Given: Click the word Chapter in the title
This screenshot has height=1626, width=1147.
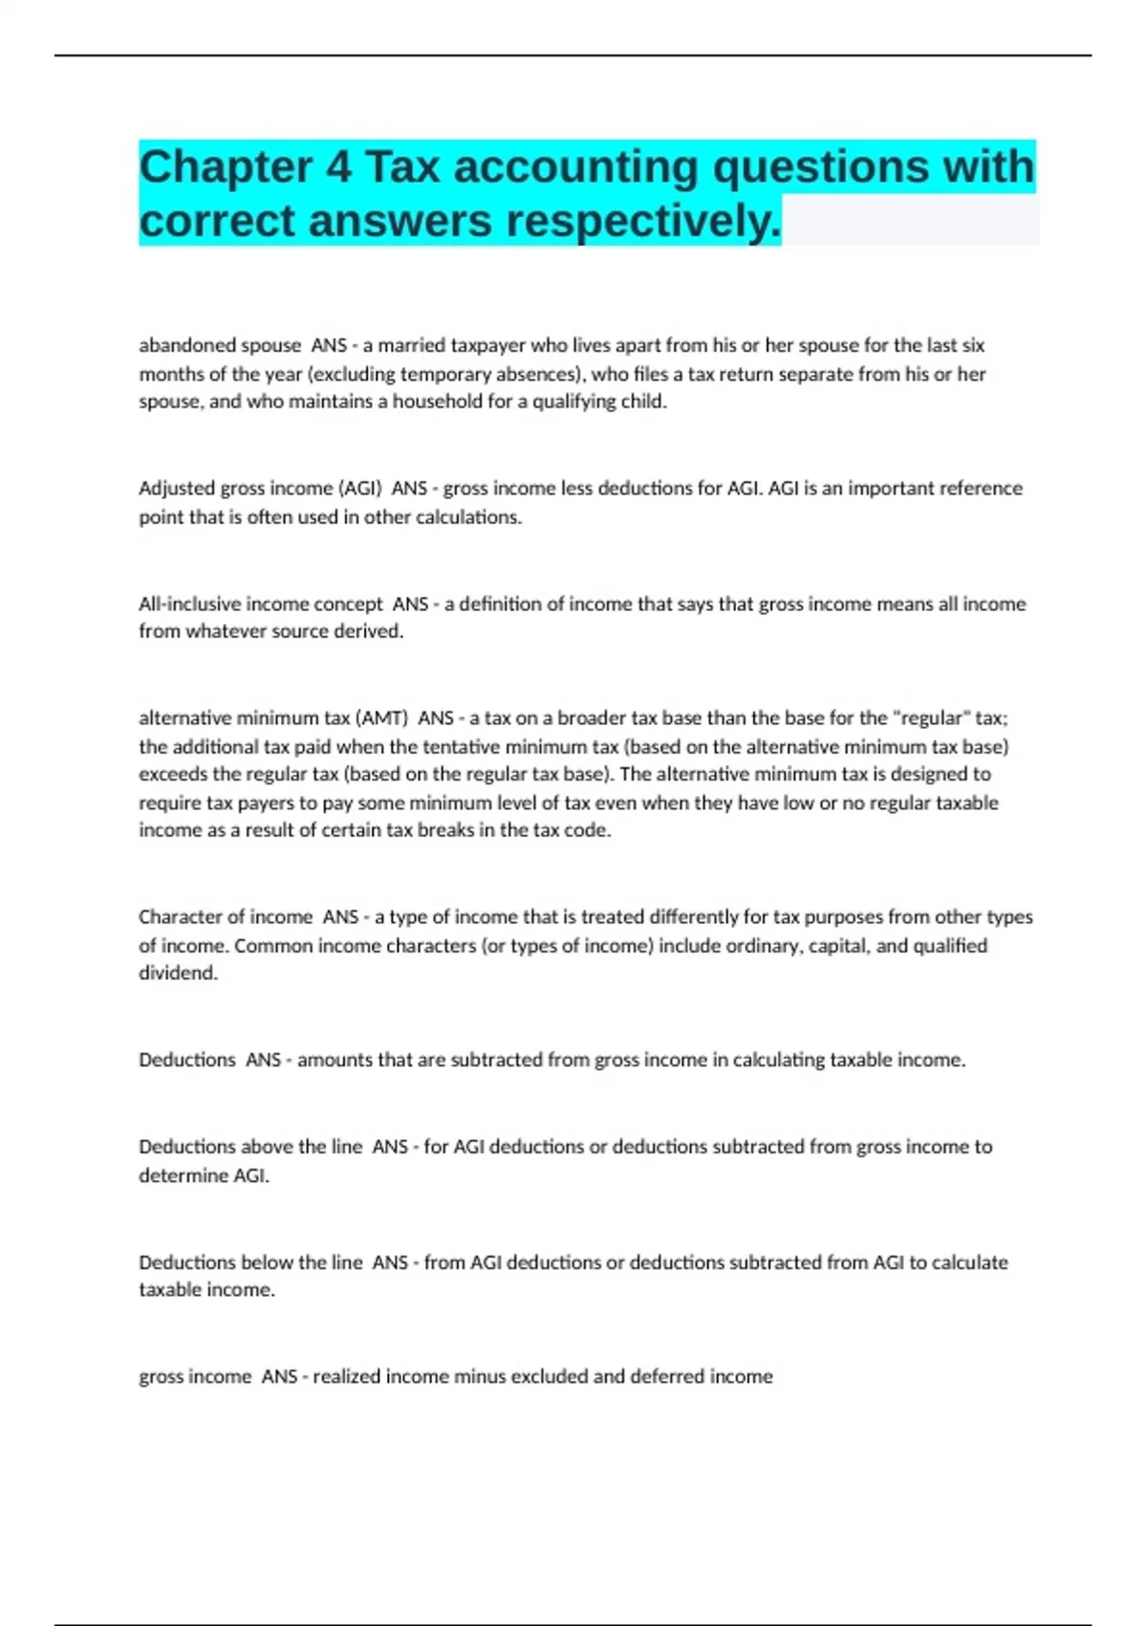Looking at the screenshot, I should point(226,167).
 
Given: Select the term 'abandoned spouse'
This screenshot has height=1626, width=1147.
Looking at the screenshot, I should point(220,345).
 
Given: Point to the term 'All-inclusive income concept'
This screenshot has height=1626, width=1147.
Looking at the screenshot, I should point(261,604).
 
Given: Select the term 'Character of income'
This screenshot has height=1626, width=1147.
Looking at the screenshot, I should point(226,917).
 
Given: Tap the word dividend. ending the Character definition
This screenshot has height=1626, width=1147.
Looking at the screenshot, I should point(179,974).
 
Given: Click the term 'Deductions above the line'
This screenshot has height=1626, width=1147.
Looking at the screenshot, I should point(250,1147).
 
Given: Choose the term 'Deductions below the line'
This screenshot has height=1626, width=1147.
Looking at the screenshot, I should point(250,1263).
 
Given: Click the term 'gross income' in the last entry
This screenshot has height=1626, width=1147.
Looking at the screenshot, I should point(195,1377).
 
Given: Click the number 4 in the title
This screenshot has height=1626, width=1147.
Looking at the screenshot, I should point(338,167).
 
